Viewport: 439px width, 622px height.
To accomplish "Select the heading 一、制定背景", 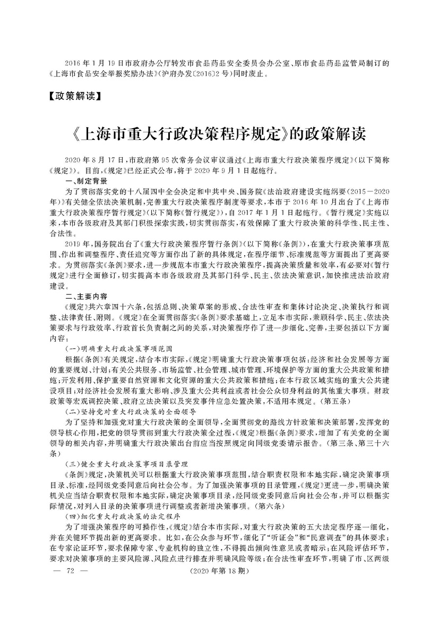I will tap(86, 181).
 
